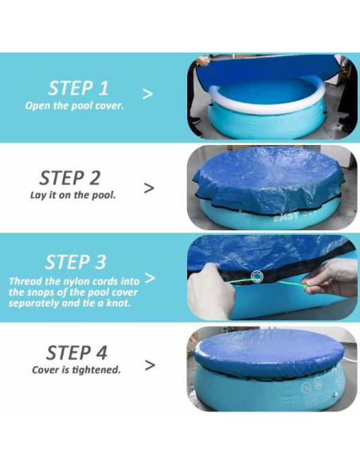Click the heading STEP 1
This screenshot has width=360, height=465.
(78, 88)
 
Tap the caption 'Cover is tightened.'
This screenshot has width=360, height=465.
(76, 369)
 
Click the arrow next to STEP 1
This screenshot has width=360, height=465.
(148, 94)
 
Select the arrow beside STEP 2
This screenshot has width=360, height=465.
(148, 189)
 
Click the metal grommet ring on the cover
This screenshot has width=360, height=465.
(256, 276)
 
